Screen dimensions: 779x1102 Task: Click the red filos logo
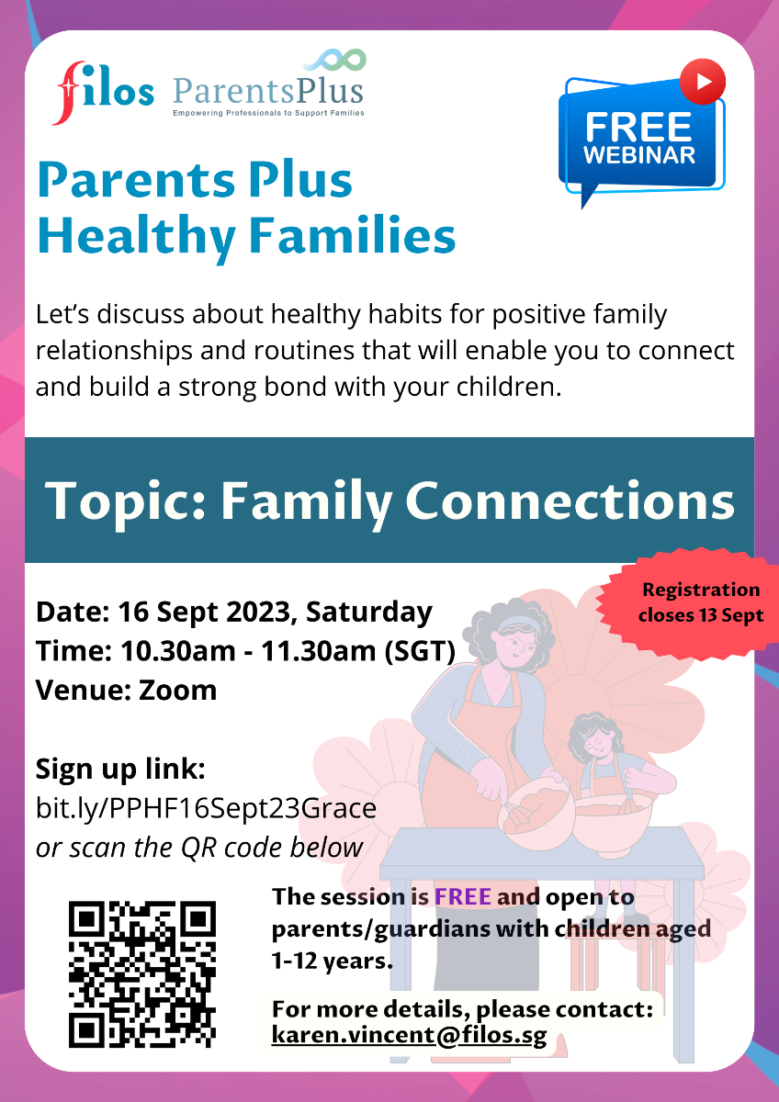[x=104, y=93]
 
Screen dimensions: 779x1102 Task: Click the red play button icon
[x=702, y=82]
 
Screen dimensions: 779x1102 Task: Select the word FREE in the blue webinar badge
[x=638, y=127]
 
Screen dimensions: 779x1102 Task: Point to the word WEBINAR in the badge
[x=639, y=155]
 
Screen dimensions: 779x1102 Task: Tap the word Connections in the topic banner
[x=570, y=500]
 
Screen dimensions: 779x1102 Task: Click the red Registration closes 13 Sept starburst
[x=688, y=603]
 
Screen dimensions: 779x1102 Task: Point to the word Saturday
[x=369, y=613]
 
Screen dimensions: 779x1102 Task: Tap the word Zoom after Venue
[x=177, y=691]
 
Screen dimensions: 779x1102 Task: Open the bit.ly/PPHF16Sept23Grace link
[x=206, y=808]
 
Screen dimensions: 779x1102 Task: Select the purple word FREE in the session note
[x=463, y=896]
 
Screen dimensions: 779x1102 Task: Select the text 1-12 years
[x=333, y=961]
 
